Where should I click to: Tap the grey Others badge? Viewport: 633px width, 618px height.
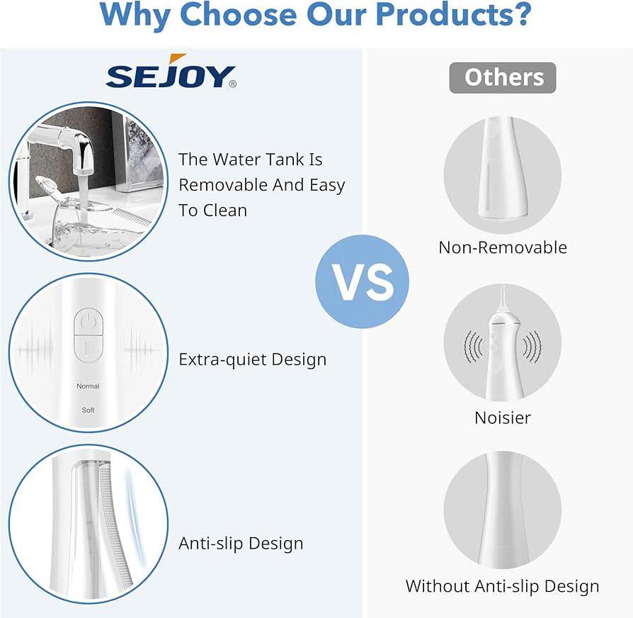tap(503, 77)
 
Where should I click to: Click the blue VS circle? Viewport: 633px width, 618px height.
tap(362, 281)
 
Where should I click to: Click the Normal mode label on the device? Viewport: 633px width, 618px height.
tap(88, 386)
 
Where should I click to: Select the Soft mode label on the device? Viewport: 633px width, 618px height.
tap(88, 410)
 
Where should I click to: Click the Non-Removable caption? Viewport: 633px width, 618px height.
tap(503, 247)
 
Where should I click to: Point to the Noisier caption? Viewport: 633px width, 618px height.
tap(503, 417)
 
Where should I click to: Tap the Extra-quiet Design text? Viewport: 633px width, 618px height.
tap(252, 360)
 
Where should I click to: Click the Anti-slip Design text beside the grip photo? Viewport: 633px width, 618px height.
tap(241, 544)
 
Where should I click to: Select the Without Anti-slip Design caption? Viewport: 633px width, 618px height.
tap(502, 587)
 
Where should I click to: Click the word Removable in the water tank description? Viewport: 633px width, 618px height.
tap(223, 185)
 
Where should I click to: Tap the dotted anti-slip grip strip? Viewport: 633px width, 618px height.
tap(115, 525)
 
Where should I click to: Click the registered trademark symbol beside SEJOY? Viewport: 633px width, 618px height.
tap(233, 84)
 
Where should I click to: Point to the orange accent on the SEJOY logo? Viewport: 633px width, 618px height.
tap(177, 58)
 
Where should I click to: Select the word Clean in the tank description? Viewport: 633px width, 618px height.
tap(225, 210)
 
